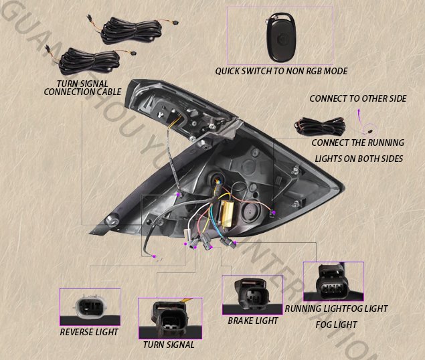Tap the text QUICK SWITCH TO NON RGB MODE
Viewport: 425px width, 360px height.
281,71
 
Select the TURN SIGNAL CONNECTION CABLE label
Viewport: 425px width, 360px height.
82,87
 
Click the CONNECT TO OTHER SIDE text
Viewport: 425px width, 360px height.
357,98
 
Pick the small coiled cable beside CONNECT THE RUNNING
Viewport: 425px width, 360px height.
321,125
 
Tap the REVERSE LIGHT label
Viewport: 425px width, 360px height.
89,332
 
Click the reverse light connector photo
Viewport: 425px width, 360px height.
90,307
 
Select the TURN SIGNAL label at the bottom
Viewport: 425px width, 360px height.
169,345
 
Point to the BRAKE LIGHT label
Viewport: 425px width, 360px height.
253,321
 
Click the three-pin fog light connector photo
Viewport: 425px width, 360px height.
333,282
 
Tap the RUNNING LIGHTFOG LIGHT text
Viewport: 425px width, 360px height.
336,309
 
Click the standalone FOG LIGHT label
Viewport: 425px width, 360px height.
336,325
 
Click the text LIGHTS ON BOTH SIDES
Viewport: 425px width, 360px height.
359,159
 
